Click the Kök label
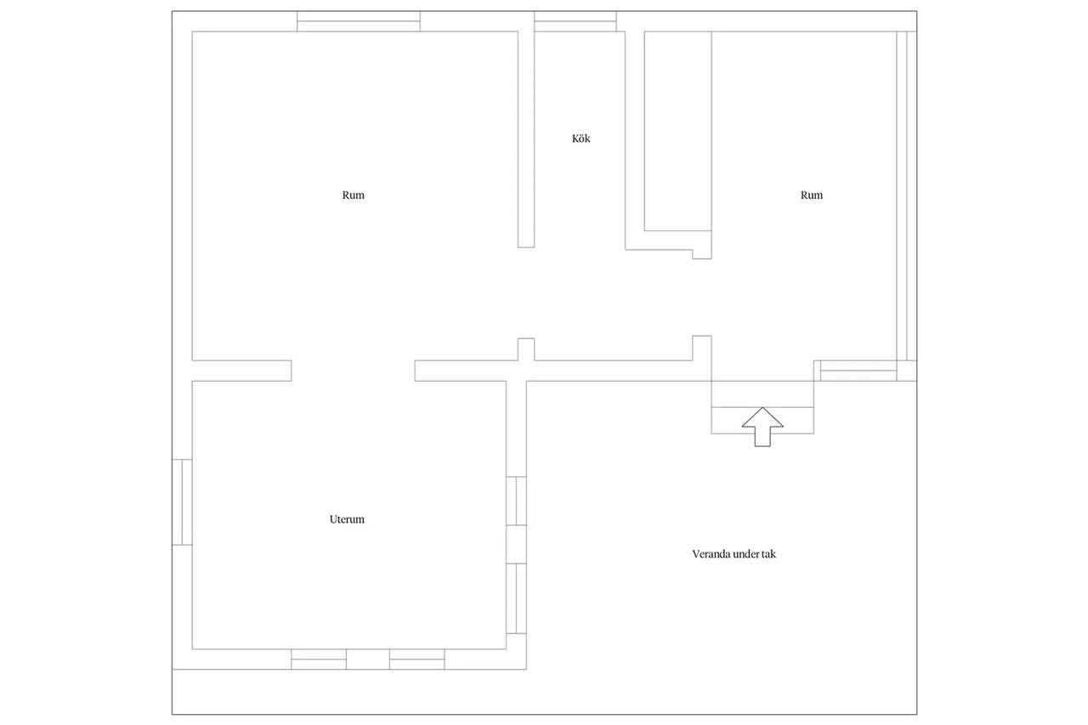click(x=581, y=139)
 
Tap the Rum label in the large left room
click(x=353, y=195)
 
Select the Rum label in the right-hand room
click(x=812, y=195)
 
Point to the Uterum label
click(x=347, y=519)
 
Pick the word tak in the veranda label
click(x=769, y=554)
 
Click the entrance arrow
click(x=762, y=427)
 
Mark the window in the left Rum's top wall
click(x=359, y=21)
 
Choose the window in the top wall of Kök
click(x=575, y=21)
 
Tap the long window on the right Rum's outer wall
click(x=907, y=196)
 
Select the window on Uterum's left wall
click(x=182, y=502)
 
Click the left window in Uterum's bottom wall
click(x=319, y=660)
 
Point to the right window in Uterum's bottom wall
click(x=416, y=660)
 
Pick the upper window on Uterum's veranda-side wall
click(x=516, y=501)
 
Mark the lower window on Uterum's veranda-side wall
click(x=516, y=598)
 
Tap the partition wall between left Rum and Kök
click(x=526, y=139)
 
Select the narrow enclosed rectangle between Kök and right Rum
click(x=678, y=131)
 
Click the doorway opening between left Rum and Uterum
click(x=353, y=371)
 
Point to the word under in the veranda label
click(x=746, y=554)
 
